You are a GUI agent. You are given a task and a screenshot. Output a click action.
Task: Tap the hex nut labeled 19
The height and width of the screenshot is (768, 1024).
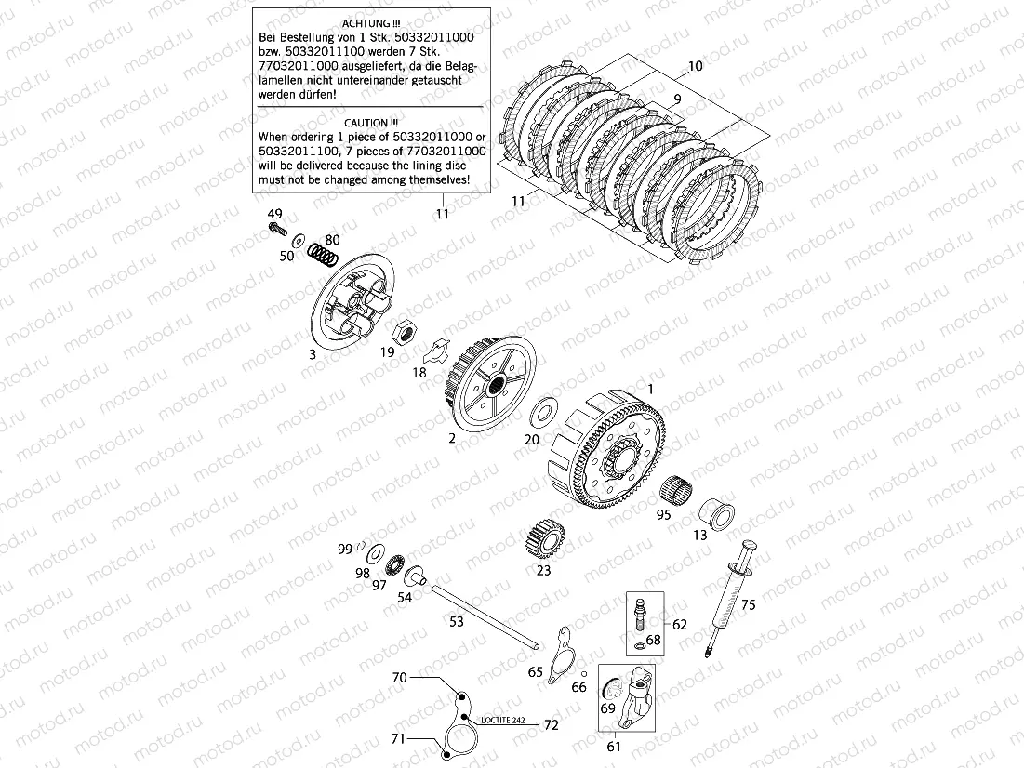(407, 331)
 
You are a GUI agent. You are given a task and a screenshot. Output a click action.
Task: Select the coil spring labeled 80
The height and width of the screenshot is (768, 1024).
(324, 255)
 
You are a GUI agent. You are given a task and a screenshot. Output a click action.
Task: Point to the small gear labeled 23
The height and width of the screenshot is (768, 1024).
(543, 536)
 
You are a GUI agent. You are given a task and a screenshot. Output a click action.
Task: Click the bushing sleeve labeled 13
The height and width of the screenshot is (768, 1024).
(717, 515)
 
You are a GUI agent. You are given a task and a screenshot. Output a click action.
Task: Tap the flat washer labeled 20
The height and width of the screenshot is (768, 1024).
(544, 410)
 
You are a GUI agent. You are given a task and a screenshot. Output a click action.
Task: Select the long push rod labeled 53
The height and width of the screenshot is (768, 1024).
(484, 616)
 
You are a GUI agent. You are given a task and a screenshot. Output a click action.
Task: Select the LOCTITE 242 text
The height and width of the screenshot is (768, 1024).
(503, 721)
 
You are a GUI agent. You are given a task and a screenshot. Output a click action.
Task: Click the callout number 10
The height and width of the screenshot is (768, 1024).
(695, 66)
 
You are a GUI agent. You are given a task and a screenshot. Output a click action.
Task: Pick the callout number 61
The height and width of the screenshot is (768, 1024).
(614, 746)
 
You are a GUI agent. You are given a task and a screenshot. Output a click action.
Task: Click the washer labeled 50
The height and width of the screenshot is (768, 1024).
(298, 240)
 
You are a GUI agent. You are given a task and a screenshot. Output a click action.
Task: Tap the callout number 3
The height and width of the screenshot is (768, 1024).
(313, 354)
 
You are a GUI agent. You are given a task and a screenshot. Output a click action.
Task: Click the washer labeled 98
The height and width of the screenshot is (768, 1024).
(376, 555)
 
